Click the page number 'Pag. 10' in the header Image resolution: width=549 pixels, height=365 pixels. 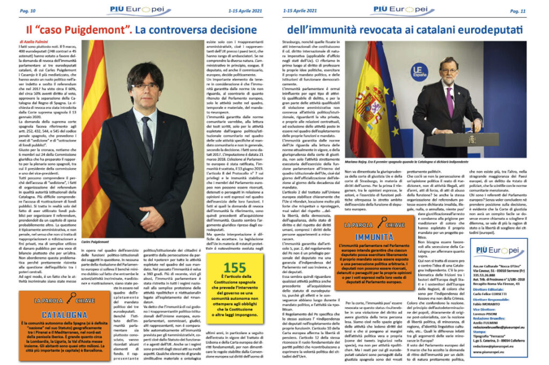pyautogui.click(x=27, y=11)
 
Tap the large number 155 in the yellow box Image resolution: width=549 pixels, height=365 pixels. pyautogui.click(x=235, y=268)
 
